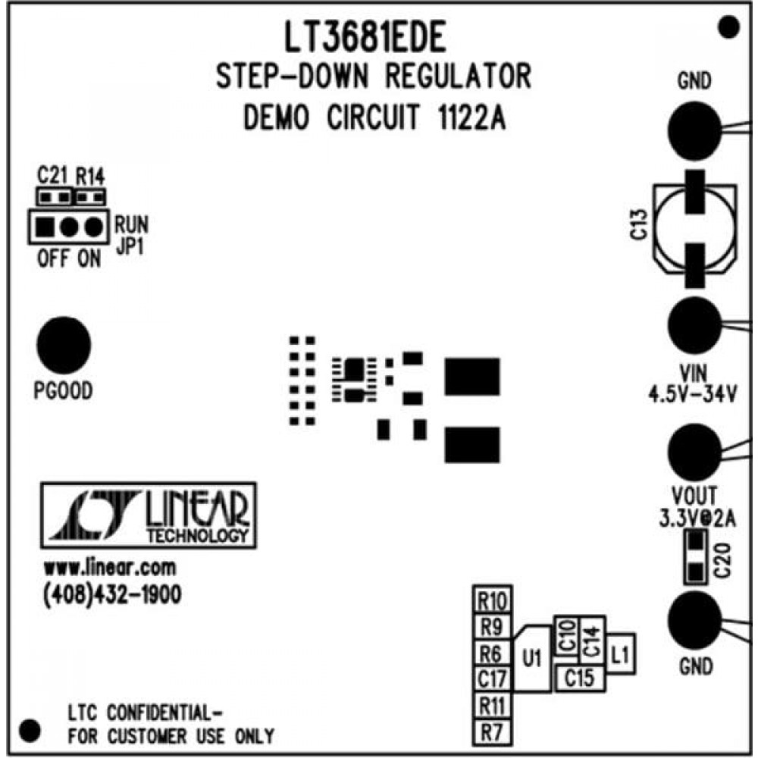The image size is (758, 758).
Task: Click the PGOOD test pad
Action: (x=64, y=345)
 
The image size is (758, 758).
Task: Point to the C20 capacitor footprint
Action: (x=694, y=557)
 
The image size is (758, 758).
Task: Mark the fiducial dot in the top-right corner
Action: (x=728, y=28)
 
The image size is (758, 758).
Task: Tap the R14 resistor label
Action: (x=90, y=178)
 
